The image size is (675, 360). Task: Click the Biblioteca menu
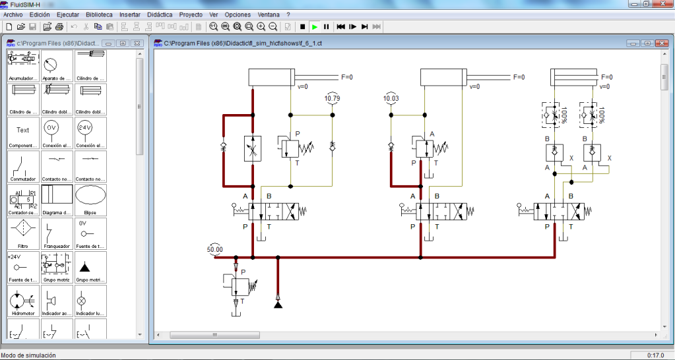coord(99,14)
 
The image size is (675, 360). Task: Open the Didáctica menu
coord(160,14)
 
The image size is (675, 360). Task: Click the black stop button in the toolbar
coord(302,26)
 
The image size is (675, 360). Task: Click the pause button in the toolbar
coord(326,26)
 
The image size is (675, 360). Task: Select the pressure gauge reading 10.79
coord(333,100)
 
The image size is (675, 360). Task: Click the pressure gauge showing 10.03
coord(391,100)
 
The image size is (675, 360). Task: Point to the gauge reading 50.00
coord(215,250)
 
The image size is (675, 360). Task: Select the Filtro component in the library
coord(23,231)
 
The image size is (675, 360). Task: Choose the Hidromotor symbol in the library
coord(23,301)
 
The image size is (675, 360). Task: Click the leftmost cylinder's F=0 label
coord(346,77)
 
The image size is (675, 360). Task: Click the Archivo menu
coord(14,14)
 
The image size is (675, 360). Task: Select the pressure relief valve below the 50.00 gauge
coord(241,285)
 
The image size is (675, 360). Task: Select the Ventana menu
coord(268,14)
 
